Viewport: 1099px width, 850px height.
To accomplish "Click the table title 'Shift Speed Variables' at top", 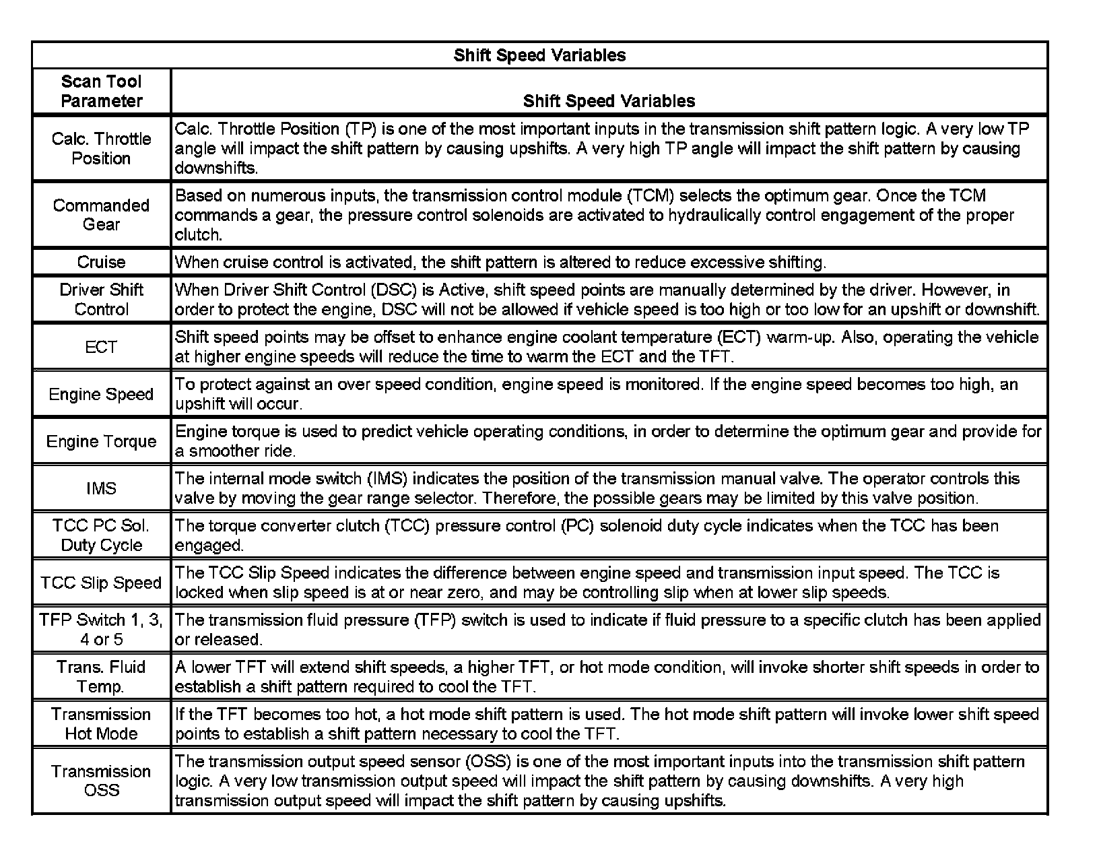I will click(539, 55).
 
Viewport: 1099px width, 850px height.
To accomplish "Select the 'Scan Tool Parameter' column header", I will click(102, 91).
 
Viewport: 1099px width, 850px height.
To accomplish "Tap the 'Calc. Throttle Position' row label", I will click(102, 148).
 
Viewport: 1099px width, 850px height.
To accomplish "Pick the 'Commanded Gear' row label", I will click(102, 214).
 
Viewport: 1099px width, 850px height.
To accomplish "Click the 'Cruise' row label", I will click(102, 262).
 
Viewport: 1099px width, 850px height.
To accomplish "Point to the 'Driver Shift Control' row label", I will click(102, 299).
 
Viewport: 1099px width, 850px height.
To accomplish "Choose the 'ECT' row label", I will click(102, 347).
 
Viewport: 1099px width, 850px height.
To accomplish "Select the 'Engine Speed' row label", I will click(102, 394).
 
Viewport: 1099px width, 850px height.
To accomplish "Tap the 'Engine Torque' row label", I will click(102, 441).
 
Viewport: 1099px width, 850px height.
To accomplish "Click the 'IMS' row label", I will click(102, 488).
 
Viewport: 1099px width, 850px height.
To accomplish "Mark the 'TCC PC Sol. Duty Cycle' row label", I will click(102, 535).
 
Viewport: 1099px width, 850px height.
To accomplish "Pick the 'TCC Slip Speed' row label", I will click(102, 583).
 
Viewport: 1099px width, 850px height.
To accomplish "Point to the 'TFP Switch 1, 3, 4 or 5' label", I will click(102, 630).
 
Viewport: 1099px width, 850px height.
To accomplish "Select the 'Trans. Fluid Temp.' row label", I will click(102, 677).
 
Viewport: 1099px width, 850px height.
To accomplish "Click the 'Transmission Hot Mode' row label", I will click(102, 724).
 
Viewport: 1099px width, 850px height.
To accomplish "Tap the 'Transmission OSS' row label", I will click(102, 781).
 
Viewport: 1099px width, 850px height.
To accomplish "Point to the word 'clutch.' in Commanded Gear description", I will click(198, 234).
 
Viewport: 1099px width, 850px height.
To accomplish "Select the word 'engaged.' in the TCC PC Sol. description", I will click(209, 545).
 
